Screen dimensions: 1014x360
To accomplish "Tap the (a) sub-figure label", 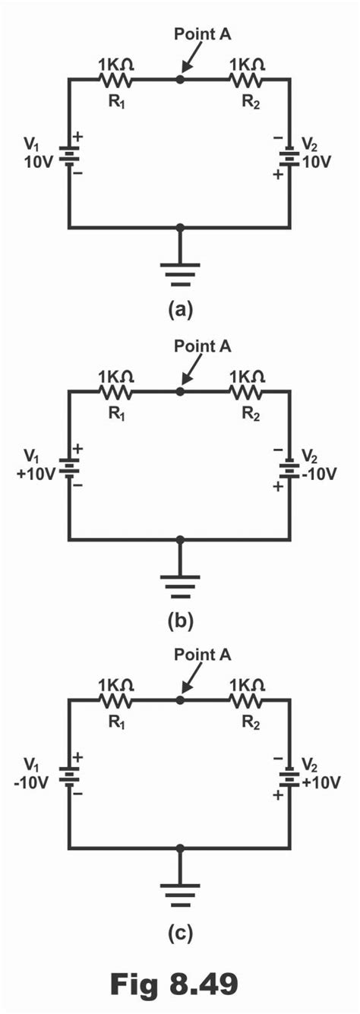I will click(180, 310).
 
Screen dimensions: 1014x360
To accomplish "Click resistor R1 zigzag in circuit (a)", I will click(115, 79).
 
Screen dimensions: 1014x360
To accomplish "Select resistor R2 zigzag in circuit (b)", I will click(247, 392).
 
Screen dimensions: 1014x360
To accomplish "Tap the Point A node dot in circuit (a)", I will click(180, 79).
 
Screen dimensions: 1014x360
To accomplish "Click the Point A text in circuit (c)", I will click(202, 654).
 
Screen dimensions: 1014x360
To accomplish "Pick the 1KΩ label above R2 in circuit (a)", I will click(247, 64).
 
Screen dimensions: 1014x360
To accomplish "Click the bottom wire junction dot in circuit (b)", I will click(180, 540).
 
